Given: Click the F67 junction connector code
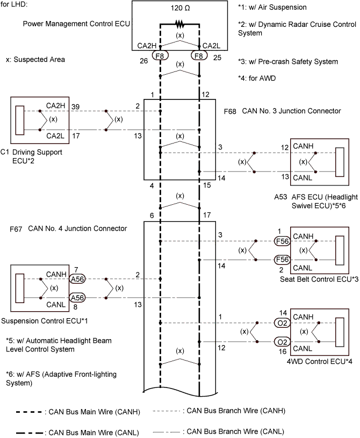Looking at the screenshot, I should pos(16,228).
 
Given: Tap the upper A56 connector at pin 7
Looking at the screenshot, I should pos(77,278).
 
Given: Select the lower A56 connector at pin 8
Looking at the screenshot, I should pos(77,297).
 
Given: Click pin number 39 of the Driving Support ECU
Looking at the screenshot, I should pos(76,106).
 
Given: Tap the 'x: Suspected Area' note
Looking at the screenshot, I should pos(35,60).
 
